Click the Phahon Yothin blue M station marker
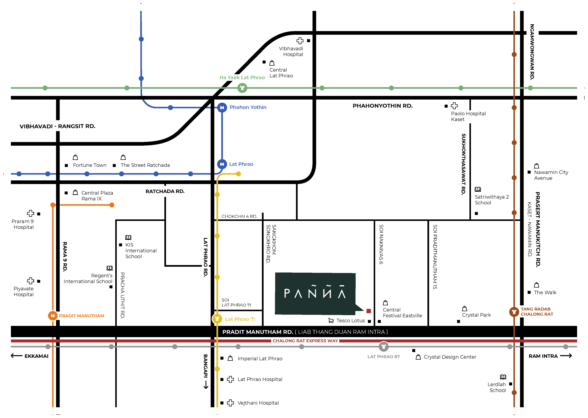pos(222,108)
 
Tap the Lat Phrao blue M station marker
pos(222,164)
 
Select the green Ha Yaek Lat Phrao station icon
pos(242,88)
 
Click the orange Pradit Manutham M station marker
pos(53,315)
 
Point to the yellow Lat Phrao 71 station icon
pos(217,319)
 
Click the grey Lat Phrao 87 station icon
pos(383,347)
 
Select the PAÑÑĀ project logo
pos(315,294)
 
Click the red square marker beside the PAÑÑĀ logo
pos(369,311)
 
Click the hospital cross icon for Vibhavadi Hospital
pos(300,41)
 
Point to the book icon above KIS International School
pos(128,237)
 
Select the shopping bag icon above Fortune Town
pos(75,157)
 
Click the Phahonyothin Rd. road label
pos(382,106)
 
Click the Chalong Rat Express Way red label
pos(305,341)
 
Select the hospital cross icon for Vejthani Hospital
pos(230,403)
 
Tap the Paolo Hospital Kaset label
pos(468,116)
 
